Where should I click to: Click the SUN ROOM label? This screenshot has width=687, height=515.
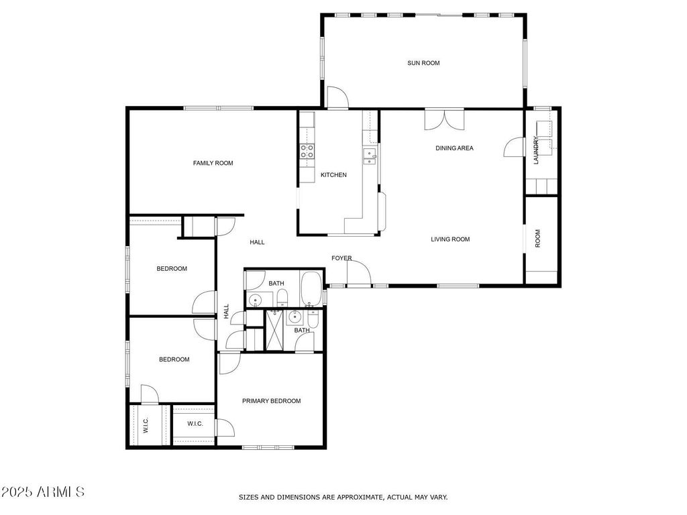point(423,63)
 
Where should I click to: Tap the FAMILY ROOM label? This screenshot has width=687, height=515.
point(213,163)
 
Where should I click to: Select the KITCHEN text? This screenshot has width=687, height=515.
point(333,175)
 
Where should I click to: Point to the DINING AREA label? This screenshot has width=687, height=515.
point(454,148)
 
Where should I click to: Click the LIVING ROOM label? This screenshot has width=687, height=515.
point(450,239)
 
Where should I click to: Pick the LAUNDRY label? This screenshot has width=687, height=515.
point(535,150)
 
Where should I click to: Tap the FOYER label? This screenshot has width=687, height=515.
point(341,258)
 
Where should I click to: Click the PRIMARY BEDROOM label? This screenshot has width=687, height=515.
point(271,401)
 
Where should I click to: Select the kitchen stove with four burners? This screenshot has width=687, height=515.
point(307,151)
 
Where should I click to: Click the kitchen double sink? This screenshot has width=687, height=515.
point(370,156)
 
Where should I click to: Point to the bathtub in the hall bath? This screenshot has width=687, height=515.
point(311,288)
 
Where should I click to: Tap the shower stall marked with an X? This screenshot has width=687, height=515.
point(274,330)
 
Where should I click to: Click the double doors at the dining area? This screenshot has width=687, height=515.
point(444,119)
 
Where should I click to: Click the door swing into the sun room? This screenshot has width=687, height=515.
point(338,97)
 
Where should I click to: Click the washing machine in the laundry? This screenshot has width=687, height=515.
point(543,129)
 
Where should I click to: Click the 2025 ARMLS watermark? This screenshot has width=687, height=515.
point(42,492)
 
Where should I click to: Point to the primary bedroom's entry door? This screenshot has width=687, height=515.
point(229,363)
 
